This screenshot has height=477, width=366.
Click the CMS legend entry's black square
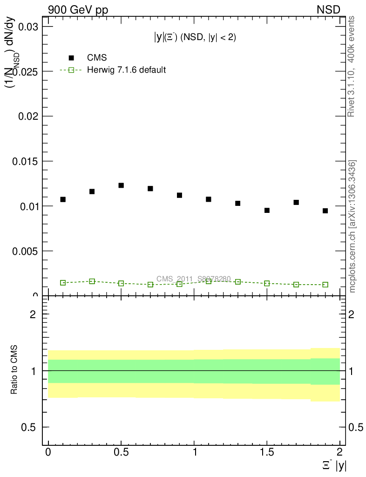[71, 58]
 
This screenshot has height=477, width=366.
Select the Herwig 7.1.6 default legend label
[127, 70]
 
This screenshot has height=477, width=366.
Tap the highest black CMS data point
[121, 185]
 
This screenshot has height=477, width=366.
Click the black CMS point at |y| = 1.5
[267, 211]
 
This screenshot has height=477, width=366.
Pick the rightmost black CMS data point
[325, 211]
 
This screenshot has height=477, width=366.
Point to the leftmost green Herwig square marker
[63, 283]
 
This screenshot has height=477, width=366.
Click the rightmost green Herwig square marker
[325, 285]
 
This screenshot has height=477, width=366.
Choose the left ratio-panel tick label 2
[33, 314]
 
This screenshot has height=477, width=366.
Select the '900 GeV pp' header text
[78, 10]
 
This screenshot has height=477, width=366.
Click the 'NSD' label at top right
[329, 10]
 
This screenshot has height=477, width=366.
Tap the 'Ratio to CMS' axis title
[14, 370]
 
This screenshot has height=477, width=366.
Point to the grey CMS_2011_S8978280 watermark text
[193, 279]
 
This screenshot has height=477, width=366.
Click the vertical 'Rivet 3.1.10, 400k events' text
[352, 67]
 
